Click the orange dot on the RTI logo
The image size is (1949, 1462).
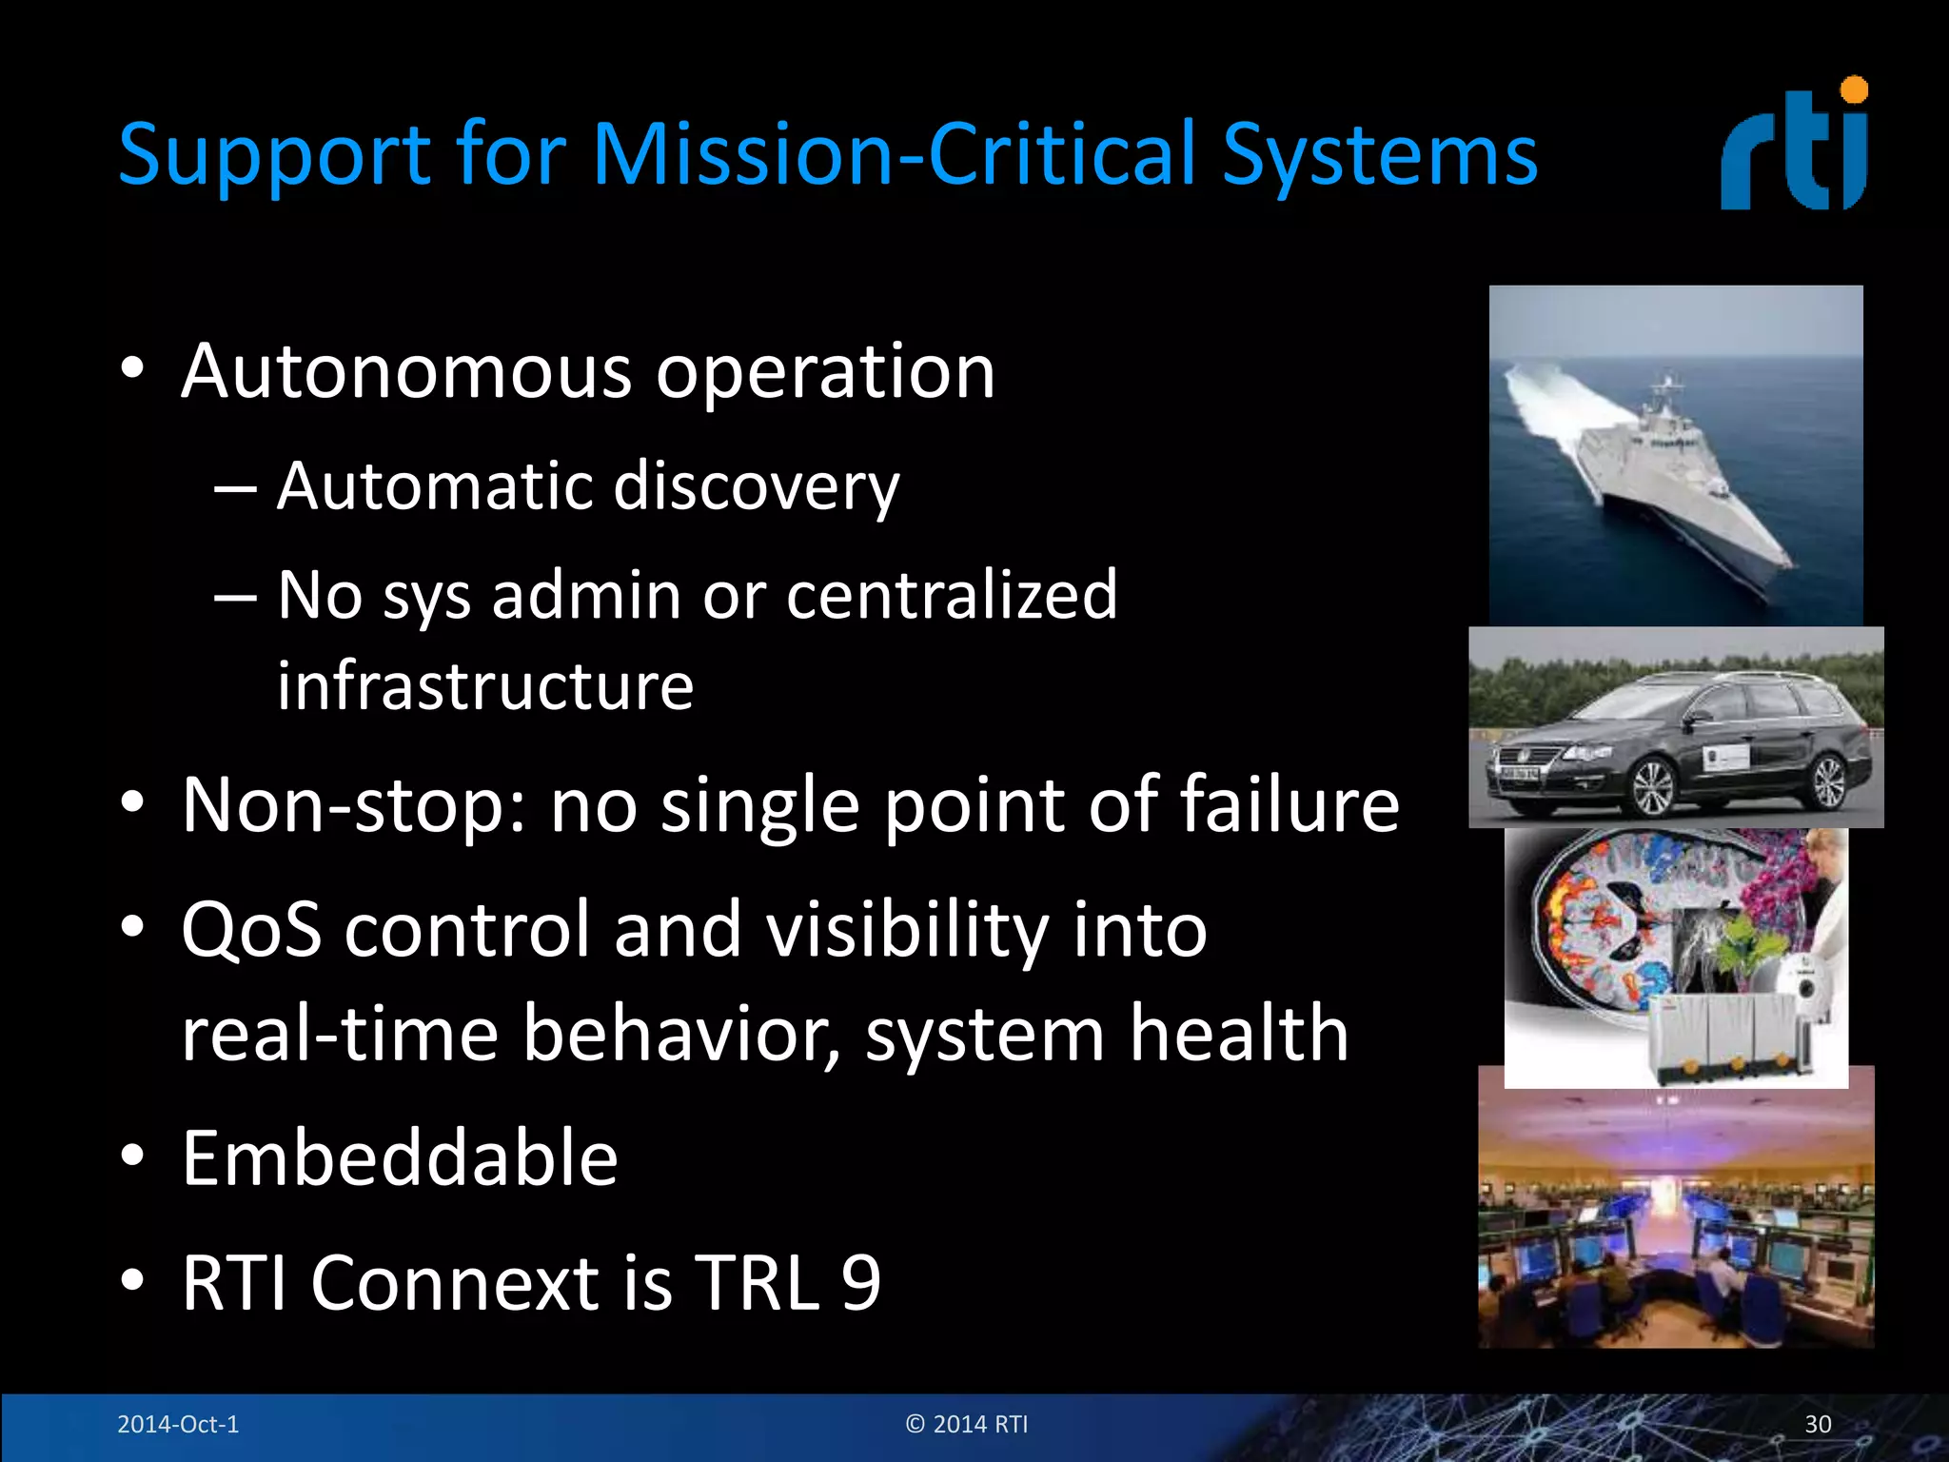[1854, 90]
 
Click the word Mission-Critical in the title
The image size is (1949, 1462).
[895, 154]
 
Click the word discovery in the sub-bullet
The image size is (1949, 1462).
[756, 487]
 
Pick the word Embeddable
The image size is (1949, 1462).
[400, 1158]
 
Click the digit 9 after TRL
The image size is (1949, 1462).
[861, 1283]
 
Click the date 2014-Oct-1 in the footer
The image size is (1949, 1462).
[178, 1424]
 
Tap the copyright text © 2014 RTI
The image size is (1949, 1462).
[967, 1424]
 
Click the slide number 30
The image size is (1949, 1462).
[1818, 1424]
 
